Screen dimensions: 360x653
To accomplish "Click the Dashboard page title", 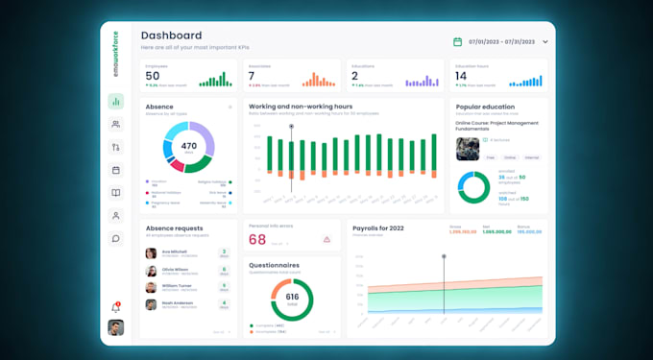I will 171,36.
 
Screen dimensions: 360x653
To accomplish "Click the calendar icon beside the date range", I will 458,42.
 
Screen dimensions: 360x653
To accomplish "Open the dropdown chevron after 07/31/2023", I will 545,42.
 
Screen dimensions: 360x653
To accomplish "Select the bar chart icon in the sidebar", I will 116,102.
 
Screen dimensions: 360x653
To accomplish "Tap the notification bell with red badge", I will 116,307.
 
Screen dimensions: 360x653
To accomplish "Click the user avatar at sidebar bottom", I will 116,328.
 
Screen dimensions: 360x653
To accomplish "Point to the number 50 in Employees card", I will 153,76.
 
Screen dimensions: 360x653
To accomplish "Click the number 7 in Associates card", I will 252,76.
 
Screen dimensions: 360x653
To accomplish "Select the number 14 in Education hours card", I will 461,76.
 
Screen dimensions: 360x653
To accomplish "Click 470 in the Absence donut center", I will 188,147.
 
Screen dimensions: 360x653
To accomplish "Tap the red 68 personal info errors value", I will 257,239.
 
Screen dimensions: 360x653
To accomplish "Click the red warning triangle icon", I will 326,239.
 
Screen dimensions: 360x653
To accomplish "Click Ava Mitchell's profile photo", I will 151,253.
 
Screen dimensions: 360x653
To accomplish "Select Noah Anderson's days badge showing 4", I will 224,304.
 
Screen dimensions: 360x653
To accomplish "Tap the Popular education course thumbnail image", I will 468,148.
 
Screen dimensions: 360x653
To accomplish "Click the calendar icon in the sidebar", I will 116,170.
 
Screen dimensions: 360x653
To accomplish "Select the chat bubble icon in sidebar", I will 116,239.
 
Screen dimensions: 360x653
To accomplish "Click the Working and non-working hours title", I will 300,107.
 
